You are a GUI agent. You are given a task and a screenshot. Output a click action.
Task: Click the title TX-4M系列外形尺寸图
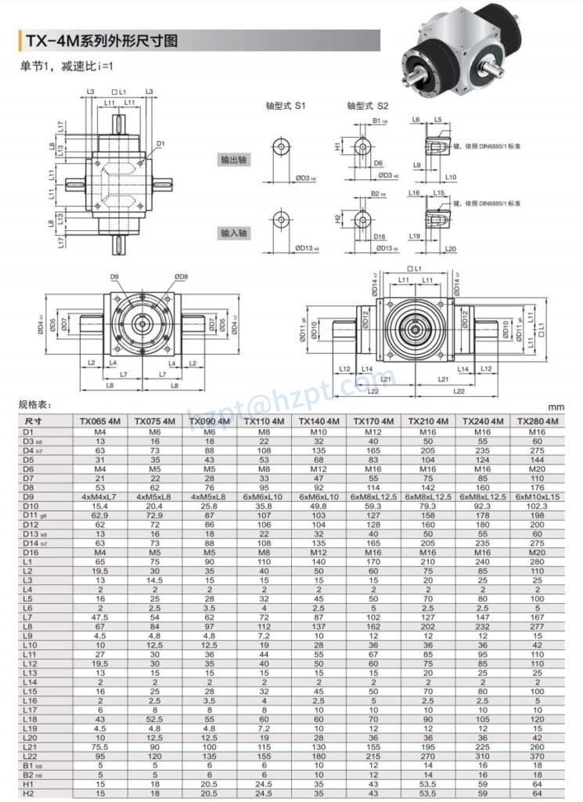pos(102,40)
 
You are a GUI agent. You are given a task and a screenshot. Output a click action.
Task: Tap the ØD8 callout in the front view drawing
pos(181,276)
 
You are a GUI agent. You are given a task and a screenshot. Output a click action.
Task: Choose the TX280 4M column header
pos(538,421)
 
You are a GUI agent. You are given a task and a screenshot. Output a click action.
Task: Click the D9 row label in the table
pos(28,497)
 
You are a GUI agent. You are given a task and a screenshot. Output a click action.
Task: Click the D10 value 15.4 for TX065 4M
pos(100,507)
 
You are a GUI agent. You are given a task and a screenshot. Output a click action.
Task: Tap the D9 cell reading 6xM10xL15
pos(538,497)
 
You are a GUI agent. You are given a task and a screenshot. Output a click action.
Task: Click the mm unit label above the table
pos(556,407)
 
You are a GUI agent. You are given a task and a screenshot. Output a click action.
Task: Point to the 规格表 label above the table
pos(35,405)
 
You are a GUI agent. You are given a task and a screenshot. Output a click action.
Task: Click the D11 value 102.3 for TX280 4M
pos(538,507)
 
